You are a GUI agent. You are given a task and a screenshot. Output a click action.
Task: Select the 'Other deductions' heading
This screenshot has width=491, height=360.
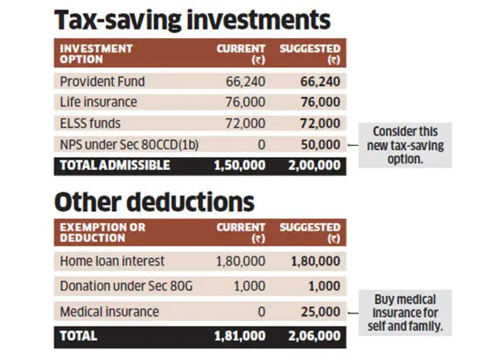tap(154, 201)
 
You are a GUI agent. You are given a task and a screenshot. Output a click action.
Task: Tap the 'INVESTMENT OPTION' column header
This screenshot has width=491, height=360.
tap(96, 54)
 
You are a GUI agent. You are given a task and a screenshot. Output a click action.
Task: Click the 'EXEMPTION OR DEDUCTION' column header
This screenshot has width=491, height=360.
tap(103, 232)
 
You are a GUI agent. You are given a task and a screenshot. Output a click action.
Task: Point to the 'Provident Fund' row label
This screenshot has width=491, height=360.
tap(102, 81)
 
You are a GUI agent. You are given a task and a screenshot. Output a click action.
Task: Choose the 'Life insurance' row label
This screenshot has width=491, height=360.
tap(98, 102)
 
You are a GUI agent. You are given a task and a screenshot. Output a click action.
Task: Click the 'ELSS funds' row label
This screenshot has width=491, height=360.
tap(90, 124)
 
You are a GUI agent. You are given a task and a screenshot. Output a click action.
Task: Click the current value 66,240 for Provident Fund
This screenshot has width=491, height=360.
tap(245, 81)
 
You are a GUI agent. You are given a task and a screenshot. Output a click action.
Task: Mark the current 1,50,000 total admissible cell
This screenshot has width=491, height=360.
tap(240, 166)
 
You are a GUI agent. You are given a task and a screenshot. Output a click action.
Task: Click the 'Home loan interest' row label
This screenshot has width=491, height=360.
tap(112, 261)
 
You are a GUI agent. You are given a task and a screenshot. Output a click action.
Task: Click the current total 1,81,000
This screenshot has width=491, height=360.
tap(240, 336)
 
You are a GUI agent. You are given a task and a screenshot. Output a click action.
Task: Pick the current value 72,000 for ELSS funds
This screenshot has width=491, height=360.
tap(245, 124)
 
